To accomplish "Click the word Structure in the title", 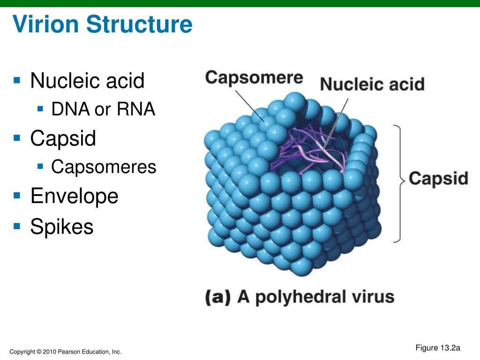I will pos(141,24).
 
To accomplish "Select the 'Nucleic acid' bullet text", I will pos(87,81).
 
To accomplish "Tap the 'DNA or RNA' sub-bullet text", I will pos(103,110).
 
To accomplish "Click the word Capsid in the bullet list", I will pos(63,138).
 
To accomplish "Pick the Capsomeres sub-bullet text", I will pos(104,167).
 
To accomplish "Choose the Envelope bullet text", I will pos(74,196).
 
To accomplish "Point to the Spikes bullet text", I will pos(62,227).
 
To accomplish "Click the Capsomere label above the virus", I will pos(254,77).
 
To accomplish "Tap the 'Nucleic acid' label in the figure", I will pos(372,85).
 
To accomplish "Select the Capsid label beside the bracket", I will pos(438,179).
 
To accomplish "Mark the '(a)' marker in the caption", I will pos(218,298).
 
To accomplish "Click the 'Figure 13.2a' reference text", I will pos(438,348).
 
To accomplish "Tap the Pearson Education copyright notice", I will pos(66,352).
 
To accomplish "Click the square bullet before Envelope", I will pos(17,195).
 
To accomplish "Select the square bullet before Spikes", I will pos(17,226).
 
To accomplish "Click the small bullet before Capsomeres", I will pos(40,165).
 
